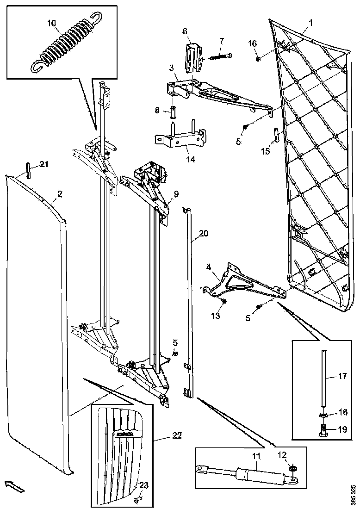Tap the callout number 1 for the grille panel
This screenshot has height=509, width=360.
[310, 22]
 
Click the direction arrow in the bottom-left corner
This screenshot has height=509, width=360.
[13, 485]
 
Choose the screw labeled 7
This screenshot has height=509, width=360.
[222, 57]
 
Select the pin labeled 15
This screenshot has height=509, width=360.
[275, 135]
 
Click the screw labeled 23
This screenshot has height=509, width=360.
[137, 500]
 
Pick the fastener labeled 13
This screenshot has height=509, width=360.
[223, 302]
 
